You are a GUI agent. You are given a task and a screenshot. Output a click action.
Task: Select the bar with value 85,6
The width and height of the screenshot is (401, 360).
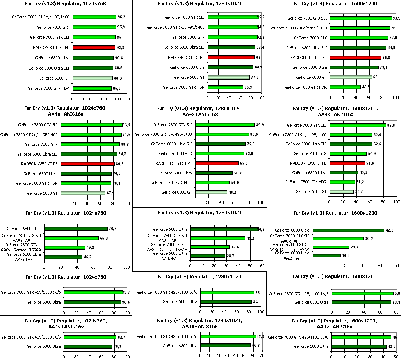(x=92, y=88)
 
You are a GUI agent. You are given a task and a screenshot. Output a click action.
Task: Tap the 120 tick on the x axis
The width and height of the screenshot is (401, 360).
(x=127, y=99)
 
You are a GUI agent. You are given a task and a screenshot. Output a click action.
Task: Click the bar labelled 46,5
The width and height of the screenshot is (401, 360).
(x=345, y=87)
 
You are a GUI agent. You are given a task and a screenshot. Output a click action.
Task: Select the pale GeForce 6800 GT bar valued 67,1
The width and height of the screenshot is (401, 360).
(x=83, y=193)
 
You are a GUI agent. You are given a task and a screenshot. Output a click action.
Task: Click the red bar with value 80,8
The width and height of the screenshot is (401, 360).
(x=88, y=164)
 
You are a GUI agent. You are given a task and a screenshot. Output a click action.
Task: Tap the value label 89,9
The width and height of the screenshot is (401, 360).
(x=260, y=125)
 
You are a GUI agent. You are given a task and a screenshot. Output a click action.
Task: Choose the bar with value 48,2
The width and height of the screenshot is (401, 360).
(x=211, y=192)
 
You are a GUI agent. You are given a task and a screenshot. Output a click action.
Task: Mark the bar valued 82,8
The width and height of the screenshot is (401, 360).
(x=358, y=125)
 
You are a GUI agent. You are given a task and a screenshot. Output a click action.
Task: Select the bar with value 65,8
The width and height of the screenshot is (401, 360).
(x=71, y=238)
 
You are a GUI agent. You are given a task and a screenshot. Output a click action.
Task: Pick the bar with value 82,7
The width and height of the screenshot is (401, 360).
(x=90, y=337)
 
